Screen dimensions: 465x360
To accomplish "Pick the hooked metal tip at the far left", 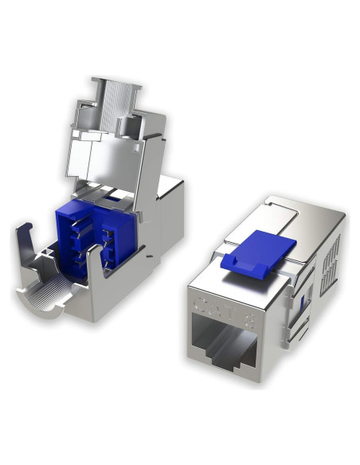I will click(22, 235).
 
